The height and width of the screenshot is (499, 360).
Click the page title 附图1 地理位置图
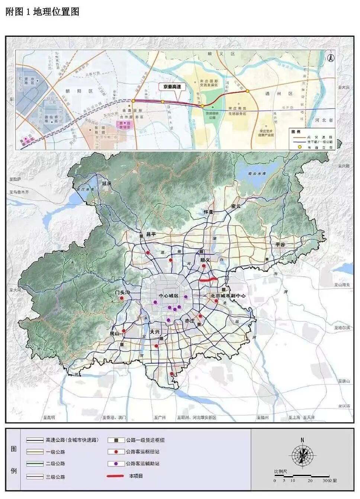pos(42,12)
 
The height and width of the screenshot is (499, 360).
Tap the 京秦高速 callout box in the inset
pos(172,87)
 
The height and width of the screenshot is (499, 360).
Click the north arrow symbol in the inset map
pos(330,58)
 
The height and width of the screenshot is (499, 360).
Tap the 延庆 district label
pos(107,183)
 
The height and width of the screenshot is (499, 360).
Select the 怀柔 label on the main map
pos(209,212)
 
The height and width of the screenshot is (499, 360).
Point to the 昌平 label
pos(151,234)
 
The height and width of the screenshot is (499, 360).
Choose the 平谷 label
pos(280,244)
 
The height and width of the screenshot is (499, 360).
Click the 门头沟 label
pos(122,293)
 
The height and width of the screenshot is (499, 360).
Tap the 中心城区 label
pos(168,296)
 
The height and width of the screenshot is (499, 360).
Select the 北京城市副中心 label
pos(228,296)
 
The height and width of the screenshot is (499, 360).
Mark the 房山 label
pos(114,334)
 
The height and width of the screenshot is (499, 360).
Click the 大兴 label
pos(155,332)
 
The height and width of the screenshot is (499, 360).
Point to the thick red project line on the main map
pos(208,279)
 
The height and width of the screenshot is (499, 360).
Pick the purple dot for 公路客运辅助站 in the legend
pos(116,464)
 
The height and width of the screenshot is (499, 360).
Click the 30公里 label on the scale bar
pos(330,480)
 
